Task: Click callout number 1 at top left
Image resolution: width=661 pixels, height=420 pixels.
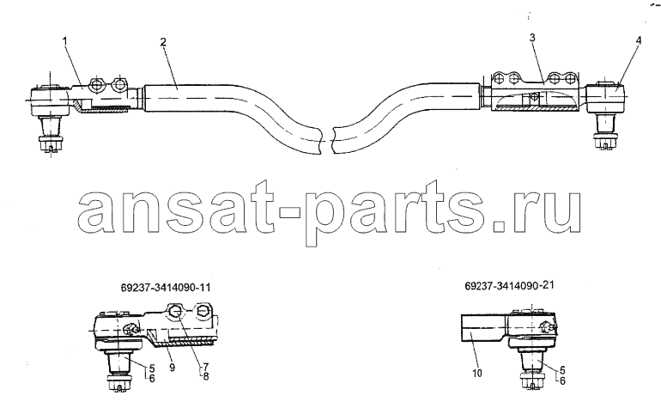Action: pyautogui.click(x=64, y=41)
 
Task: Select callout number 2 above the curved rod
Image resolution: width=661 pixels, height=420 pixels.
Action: pyautogui.click(x=163, y=42)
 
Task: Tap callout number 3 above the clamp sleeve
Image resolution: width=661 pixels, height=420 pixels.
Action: pyautogui.click(x=532, y=38)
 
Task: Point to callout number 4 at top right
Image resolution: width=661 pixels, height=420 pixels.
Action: pyautogui.click(x=639, y=40)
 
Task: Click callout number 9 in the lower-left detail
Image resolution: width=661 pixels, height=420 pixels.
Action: pyautogui.click(x=172, y=368)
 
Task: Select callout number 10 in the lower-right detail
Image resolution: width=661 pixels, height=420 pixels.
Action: pyautogui.click(x=477, y=374)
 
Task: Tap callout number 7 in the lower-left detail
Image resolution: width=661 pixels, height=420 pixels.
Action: pyautogui.click(x=205, y=368)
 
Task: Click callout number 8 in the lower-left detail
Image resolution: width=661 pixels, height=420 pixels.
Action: pyautogui.click(x=206, y=376)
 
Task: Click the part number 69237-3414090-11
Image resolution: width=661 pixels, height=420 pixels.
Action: pyautogui.click(x=165, y=288)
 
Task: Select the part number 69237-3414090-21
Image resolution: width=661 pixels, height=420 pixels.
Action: pyautogui.click(x=509, y=285)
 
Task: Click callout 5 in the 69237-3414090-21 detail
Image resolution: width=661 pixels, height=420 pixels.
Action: pyautogui.click(x=562, y=371)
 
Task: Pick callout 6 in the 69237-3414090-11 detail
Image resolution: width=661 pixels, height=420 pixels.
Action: pyautogui.click(x=152, y=378)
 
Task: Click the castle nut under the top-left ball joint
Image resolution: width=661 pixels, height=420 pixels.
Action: pyautogui.click(x=50, y=143)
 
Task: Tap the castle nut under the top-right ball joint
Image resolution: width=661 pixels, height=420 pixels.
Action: pyautogui.click(x=605, y=140)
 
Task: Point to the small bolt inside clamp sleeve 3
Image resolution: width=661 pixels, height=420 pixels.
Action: pyautogui.click(x=534, y=97)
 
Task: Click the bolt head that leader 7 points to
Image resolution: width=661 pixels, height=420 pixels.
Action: pyautogui.click(x=175, y=313)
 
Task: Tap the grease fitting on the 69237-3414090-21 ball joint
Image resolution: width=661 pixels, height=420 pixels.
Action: pyautogui.click(x=546, y=326)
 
